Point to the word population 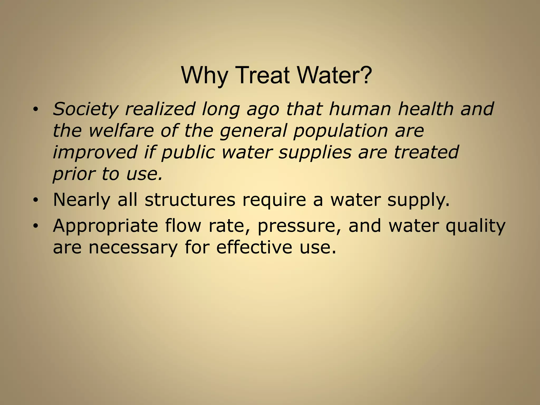(340, 131)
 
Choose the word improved (95, 152)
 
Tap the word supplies (315, 152)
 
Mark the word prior (74, 174)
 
